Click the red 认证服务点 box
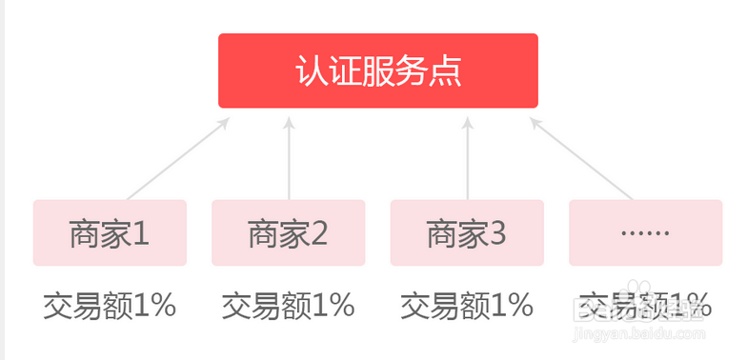click(x=378, y=71)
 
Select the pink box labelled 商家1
click(x=110, y=232)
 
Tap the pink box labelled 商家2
click(x=289, y=232)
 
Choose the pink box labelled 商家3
click(x=468, y=232)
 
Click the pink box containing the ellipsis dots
click(x=645, y=232)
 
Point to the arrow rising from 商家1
click(x=178, y=158)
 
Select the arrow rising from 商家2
click(x=289, y=158)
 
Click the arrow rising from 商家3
click(x=468, y=158)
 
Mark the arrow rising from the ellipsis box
click(x=582, y=158)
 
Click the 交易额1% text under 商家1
click(x=110, y=306)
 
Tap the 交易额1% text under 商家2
click(x=289, y=306)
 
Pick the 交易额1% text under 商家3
click(x=467, y=306)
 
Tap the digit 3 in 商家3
click(x=498, y=233)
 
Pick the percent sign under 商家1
click(x=162, y=306)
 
